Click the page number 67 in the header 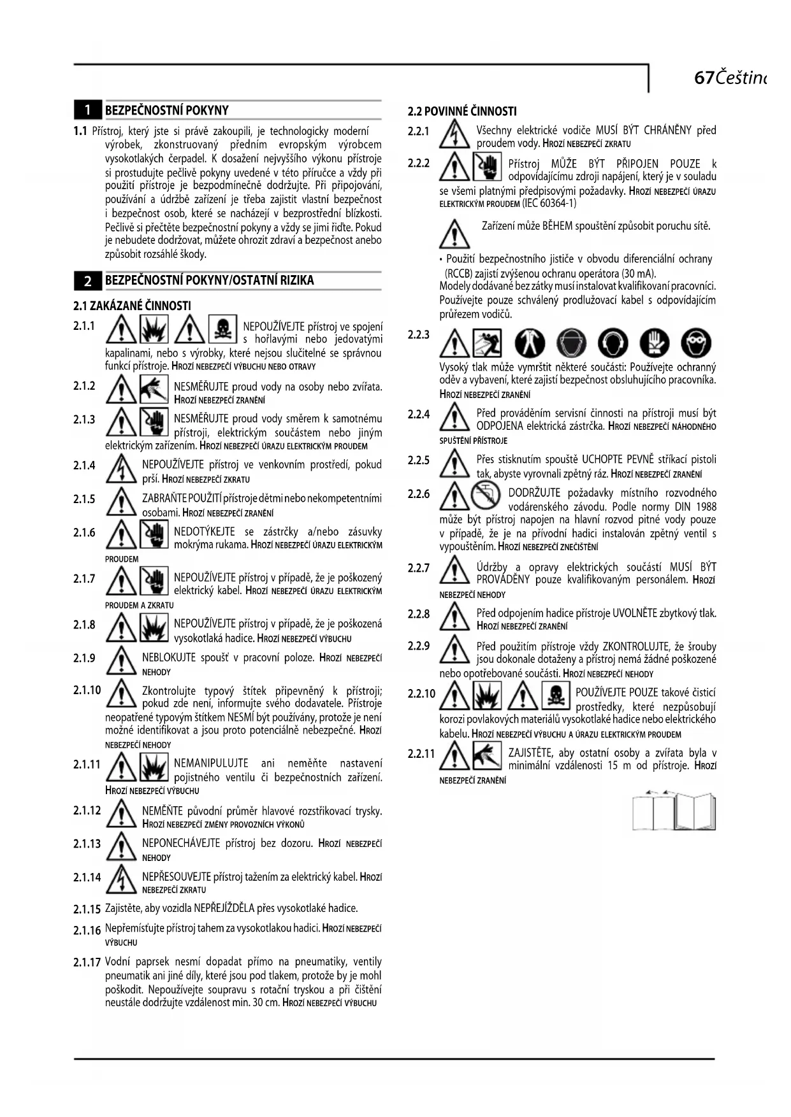pyautogui.click(x=703, y=78)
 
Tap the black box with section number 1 pyautogui.click(x=88, y=110)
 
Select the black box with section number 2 pyautogui.click(x=88, y=280)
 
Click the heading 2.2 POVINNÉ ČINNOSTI pyautogui.click(x=462, y=111)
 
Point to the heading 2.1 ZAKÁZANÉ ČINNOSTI pyautogui.click(x=132, y=306)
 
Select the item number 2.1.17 pyautogui.click(x=87, y=962)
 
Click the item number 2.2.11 pyautogui.click(x=421, y=753)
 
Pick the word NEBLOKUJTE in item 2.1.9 pyautogui.click(x=164, y=658)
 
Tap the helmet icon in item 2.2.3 pyautogui.click(x=571, y=344)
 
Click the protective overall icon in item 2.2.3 pyautogui.click(x=530, y=344)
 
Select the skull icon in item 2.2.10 pyautogui.click(x=555, y=695)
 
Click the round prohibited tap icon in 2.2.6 pyautogui.click(x=487, y=495)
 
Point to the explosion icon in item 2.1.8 pyautogui.click(x=154, y=627)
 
